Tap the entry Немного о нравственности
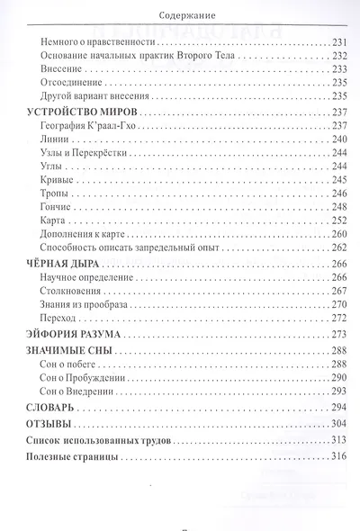coord(100,44)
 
